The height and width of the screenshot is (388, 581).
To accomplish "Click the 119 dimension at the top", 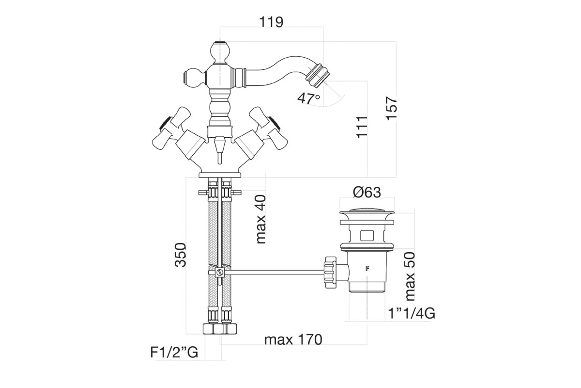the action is pyautogui.click(x=271, y=22).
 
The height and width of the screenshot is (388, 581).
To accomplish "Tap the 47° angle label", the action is pyautogui.click(x=309, y=98).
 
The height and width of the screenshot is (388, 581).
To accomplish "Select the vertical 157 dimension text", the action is pyautogui.click(x=391, y=108).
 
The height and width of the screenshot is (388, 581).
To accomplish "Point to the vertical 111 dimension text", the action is pyautogui.click(x=362, y=127).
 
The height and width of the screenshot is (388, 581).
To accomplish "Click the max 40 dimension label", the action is pyautogui.click(x=261, y=219).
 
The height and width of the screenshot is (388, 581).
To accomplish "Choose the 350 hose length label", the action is pyautogui.click(x=181, y=255).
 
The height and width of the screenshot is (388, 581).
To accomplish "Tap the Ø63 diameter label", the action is pyautogui.click(x=367, y=193).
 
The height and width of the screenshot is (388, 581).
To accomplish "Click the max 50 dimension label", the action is pyautogui.click(x=410, y=276).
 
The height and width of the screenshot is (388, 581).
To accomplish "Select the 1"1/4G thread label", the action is pyautogui.click(x=412, y=313).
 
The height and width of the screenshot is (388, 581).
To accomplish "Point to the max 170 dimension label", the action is pyautogui.click(x=293, y=339).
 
